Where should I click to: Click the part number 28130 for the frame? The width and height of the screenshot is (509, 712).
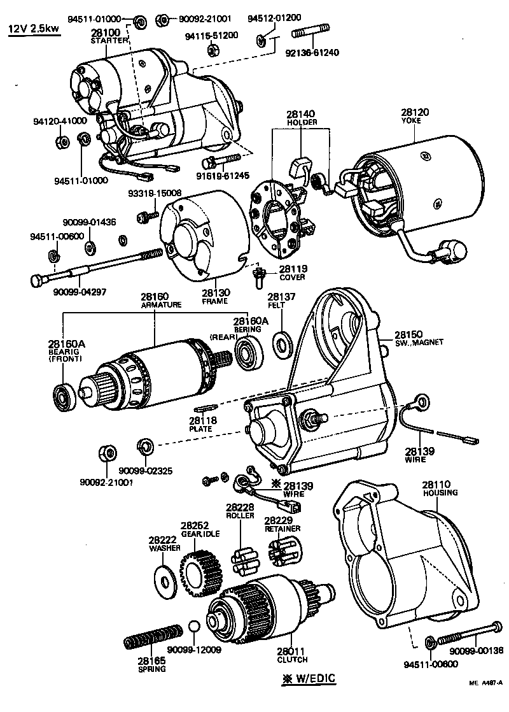pyautogui.click(x=216, y=292)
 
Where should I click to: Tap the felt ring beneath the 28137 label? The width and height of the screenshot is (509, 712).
pyautogui.click(x=281, y=345)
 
